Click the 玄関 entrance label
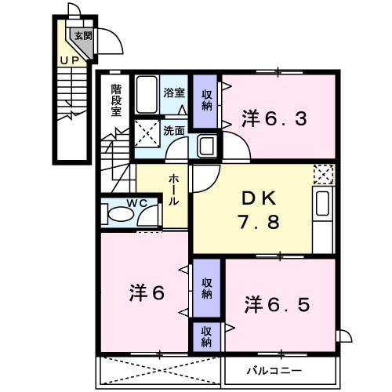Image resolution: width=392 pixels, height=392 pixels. pyautogui.click(x=82, y=35)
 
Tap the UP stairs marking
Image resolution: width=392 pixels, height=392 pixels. pyautogui.click(x=71, y=59)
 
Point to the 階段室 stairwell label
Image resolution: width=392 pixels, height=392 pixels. pyautogui.click(x=116, y=100)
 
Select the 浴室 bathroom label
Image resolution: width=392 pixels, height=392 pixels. pyautogui.click(x=173, y=93)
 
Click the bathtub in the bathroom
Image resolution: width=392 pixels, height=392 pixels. pyautogui.click(x=147, y=95)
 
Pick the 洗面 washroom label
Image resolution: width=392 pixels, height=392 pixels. pyautogui.click(x=173, y=130)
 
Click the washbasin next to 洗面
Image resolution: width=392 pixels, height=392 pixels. pyautogui.click(x=207, y=145)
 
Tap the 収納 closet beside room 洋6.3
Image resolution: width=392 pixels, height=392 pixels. pyautogui.click(x=206, y=99)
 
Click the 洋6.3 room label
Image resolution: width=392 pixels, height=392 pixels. pyautogui.click(x=274, y=119)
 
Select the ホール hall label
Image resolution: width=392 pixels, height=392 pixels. pyautogui.click(x=173, y=190)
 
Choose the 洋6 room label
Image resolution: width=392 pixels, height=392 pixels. pyautogui.click(x=146, y=293)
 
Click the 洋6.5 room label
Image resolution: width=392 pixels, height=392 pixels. pyautogui.click(x=276, y=303)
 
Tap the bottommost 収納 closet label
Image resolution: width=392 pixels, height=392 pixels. pyautogui.click(x=206, y=336)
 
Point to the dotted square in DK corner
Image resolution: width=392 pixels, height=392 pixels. pyautogui.click(x=323, y=174)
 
